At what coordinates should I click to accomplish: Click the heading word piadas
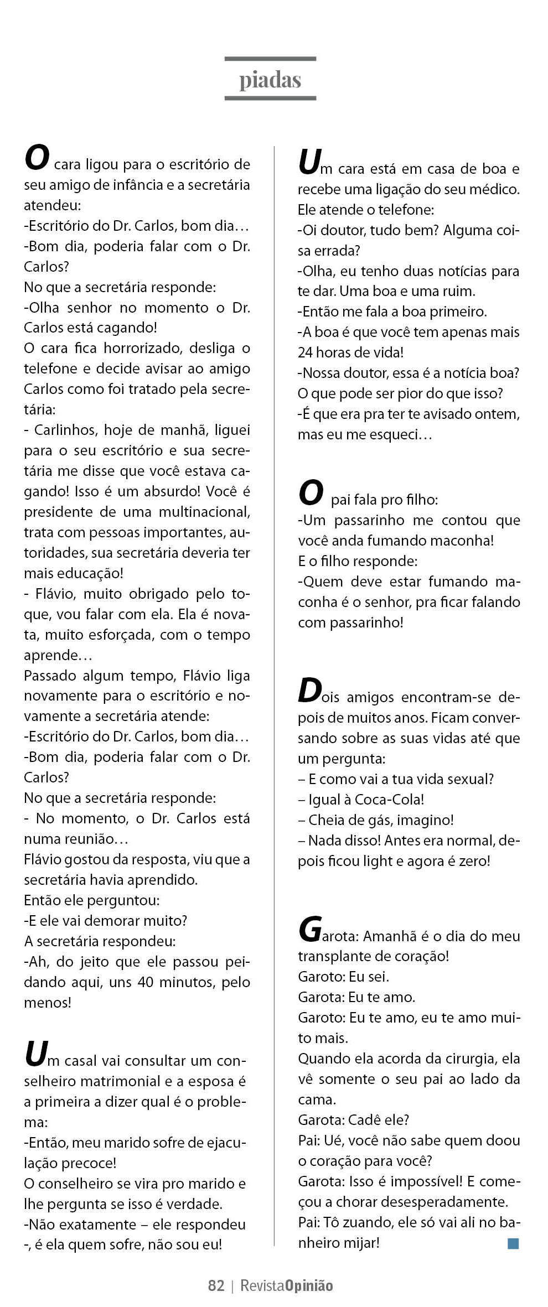[x=270, y=80]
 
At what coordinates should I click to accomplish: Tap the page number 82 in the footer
[x=216, y=1285]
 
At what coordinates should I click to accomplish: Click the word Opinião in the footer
[x=309, y=1286]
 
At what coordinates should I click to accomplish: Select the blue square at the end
[x=513, y=1244]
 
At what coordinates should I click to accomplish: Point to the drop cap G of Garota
[x=309, y=930]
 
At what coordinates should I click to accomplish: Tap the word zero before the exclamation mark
[x=473, y=861]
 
